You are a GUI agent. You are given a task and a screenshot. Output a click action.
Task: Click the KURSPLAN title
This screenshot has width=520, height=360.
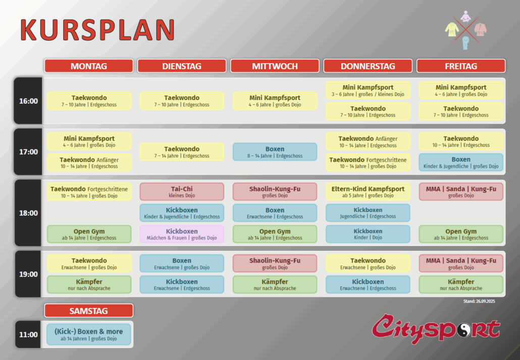coord(97,30)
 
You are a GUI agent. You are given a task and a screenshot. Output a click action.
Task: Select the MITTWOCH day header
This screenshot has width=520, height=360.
coord(275,66)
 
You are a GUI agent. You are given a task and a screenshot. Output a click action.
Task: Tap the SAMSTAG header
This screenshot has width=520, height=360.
coord(88,311)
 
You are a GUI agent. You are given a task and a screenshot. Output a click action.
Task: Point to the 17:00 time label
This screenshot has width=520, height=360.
coord(28,152)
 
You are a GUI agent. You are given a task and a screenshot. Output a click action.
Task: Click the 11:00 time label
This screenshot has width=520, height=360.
coord(28,334)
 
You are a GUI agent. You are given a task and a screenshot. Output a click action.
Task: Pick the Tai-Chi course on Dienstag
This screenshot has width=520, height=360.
coord(182,192)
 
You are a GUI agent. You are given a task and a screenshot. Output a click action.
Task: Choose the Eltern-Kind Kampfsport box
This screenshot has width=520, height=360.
coord(368,192)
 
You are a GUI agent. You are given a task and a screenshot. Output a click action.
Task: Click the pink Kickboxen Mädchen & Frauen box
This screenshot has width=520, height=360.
coord(182,234)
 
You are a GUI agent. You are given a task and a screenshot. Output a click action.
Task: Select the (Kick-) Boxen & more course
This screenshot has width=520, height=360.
coord(88,334)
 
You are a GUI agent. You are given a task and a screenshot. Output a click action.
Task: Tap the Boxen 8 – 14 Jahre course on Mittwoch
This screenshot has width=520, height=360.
coord(275,152)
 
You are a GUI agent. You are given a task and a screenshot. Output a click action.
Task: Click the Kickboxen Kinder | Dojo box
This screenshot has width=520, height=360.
coord(368,234)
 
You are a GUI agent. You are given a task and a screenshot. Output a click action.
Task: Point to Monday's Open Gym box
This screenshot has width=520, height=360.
coord(89,234)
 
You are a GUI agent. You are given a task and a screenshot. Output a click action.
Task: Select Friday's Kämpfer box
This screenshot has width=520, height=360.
coord(461,285)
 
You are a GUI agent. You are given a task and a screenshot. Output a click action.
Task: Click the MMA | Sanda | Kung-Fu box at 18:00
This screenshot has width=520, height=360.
coord(461,192)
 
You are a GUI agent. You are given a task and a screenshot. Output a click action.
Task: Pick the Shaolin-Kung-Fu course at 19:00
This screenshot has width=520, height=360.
coord(275,264)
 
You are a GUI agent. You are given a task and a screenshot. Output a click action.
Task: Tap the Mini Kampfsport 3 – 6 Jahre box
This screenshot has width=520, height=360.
coord(368,90)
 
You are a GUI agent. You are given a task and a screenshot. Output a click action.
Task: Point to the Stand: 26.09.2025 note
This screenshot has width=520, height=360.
coord(479,301)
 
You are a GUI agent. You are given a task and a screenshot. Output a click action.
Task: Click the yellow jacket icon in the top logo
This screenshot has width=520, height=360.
coord(452,29)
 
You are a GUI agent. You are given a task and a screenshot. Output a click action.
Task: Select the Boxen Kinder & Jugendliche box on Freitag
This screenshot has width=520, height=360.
coord(461,162)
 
